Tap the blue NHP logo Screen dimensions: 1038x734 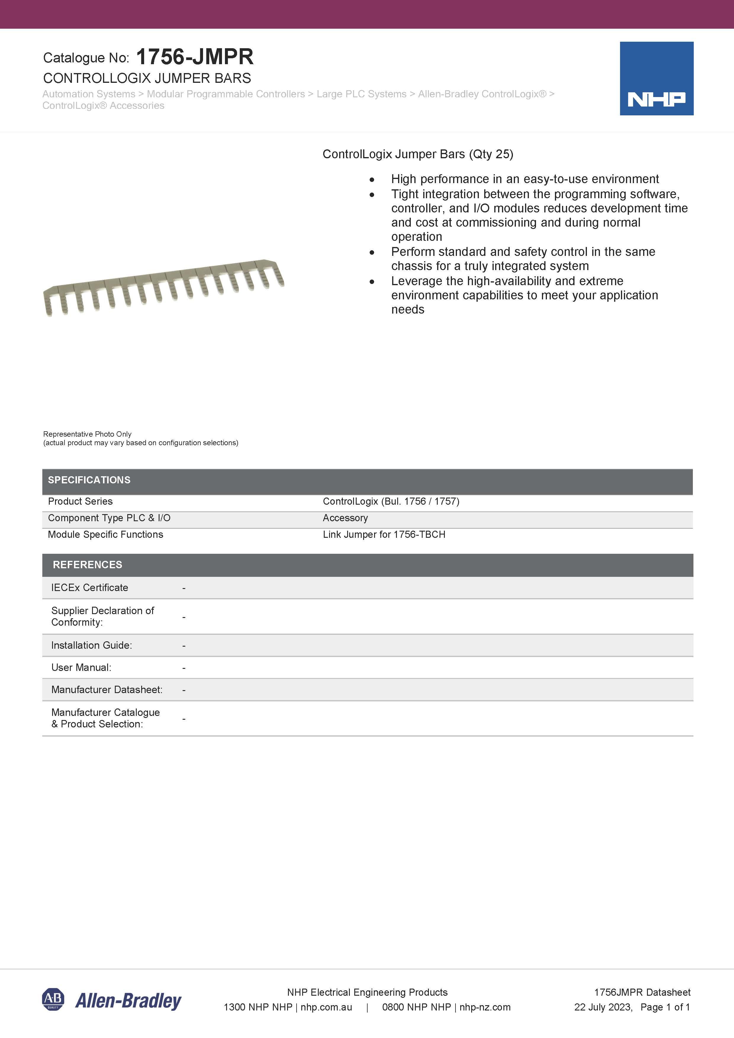pyautogui.click(x=656, y=79)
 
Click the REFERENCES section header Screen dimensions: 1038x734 pyautogui.click(x=87, y=565)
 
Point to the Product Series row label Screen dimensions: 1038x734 pyautogui.click(x=80, y=501)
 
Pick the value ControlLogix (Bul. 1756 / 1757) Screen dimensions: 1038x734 pyautogui.click(x=391, y=501)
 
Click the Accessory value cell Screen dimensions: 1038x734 pyautogui.click(x=345, y=518)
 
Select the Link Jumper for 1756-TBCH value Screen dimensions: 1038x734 pyautogui.click(x=384, y=535)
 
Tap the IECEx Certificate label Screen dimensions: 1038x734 pyautogui.click(x=90, y=588)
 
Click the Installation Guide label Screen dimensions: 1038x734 pyautogui.click(x=91, y=645)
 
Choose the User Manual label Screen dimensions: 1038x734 pyautogui.click(x=81, y=668)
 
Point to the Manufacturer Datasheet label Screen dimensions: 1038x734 pyautogui.click(x=107, y=690)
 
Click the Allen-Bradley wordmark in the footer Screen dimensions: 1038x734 pyautogui.click(x=128, y=1001)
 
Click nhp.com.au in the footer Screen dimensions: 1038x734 pyautogui.click(x=326, y=1007)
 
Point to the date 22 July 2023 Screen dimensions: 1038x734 pyautogui.click(x=603, y=1007)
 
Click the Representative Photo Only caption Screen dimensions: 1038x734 pyautogui.click(x=87, y=434)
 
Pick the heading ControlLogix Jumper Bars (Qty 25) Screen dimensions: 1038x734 pyautogui.click(x=417, y=154)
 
